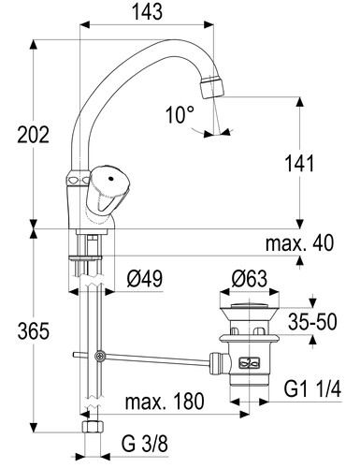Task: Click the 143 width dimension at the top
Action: (147, 12)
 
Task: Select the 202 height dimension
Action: (33, 135)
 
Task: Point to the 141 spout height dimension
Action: (300, 164)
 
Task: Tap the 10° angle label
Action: (180, 114)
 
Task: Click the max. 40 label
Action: (299, 243)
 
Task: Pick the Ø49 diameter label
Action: (145, 279)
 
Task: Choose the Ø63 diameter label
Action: (250, 279)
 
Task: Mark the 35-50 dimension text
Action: (312, 322)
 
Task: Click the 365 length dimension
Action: (33, 331)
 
